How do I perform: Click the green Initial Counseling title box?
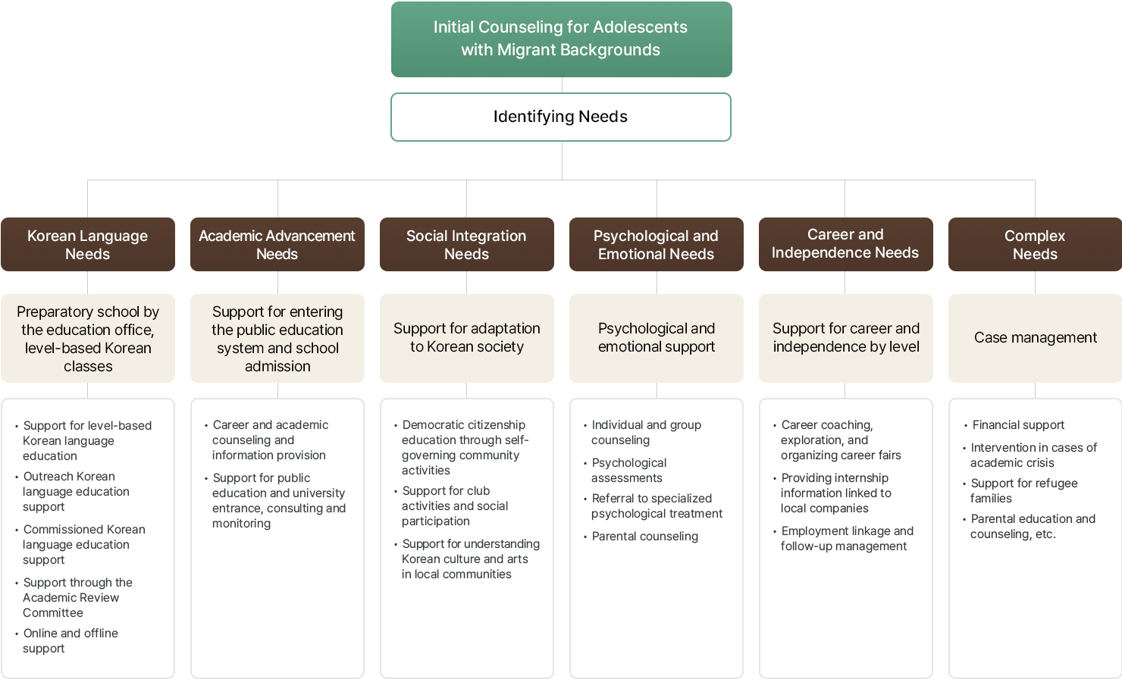561,39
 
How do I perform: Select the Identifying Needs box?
561,117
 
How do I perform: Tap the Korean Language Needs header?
88,245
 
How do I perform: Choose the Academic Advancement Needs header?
277,245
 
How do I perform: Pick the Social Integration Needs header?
467,245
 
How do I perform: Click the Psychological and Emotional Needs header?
657,245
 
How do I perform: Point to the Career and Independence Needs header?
845,244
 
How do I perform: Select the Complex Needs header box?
1035,245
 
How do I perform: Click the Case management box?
1035,338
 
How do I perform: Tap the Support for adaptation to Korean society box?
467,338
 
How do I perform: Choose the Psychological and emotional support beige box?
657,338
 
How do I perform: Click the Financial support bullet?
1018,425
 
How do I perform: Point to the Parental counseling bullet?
644,537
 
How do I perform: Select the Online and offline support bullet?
70,641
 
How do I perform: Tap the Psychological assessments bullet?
628,471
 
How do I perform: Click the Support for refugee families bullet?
1023,491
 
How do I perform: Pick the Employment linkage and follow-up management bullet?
847,539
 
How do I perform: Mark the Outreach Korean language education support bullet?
76,492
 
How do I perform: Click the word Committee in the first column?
53,613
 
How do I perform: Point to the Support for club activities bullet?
454,506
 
